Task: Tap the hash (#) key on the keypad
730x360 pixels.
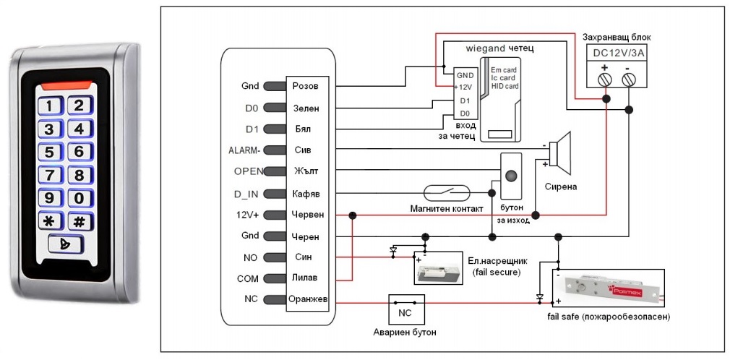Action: click(x=80, y=221)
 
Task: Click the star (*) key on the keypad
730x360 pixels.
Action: click(x=48, y=221)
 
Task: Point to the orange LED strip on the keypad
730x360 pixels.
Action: click(x=66, y=85)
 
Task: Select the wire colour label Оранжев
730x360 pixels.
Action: click(x=309, y=299)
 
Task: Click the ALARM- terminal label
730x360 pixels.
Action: click(x=244, y=150)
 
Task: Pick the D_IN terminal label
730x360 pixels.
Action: click(x=246, y=193)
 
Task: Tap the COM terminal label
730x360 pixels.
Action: click(x=247, y=278)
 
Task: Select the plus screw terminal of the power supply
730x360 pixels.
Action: click(x=604, y=77)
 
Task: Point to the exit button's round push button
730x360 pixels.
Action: click(x=512, y=176)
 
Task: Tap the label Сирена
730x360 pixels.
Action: click(x=561, y=186)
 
